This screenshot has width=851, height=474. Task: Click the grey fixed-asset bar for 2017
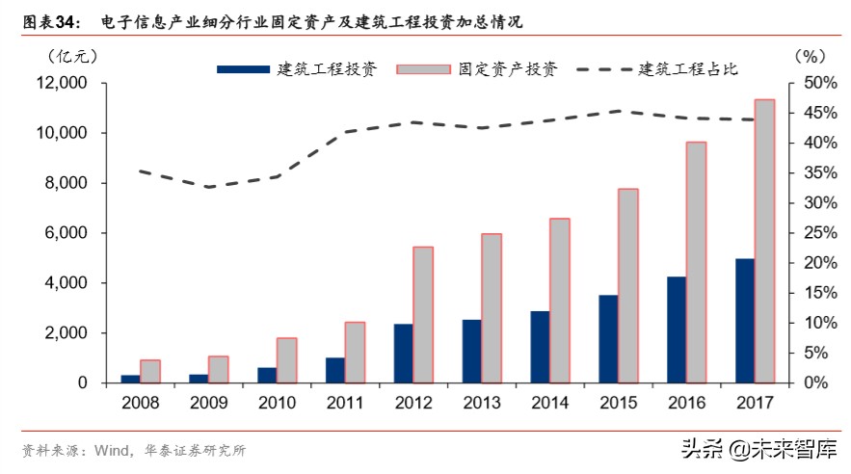pyautogui.click(x=764, y=241)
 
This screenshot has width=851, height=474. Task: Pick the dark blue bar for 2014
pyautogui.click(x=539, y=347)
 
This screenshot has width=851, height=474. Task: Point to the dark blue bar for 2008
pyautogui.click(x=129, y=379)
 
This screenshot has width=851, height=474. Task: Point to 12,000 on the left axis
pyautogui.click(x=60, y=83)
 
